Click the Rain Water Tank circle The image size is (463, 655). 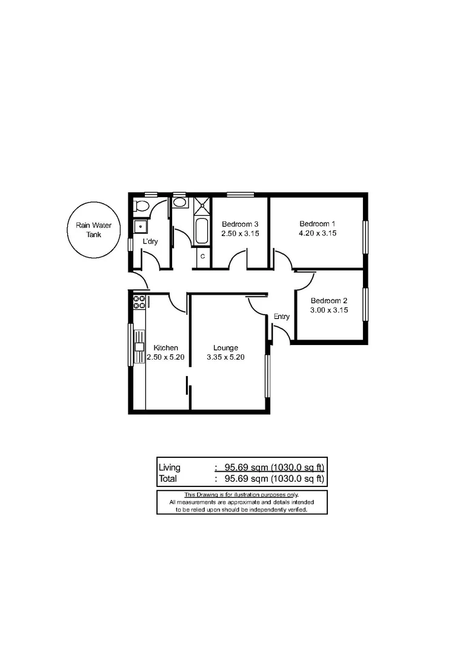coord(93,229)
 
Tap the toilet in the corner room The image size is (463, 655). coord(142,206)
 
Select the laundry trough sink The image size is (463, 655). coord(141,226)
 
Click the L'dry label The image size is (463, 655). coord(150,242)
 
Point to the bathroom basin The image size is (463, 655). coord(180,203)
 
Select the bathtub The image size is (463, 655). coord(201,231)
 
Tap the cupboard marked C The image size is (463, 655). coord(202,257)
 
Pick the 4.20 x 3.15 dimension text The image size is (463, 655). coord(318,233)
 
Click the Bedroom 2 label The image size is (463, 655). coord(328,301)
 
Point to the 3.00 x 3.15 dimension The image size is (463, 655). coord(328,311)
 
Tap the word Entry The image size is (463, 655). coord(282,317)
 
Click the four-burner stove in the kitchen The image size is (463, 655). coord(139,302)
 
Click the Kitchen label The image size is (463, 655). coord(165,348)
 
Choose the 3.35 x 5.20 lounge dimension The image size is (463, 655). coord(225,357)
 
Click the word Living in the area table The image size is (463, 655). coord(170,468)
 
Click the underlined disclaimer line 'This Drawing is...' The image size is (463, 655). coord(241,495)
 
